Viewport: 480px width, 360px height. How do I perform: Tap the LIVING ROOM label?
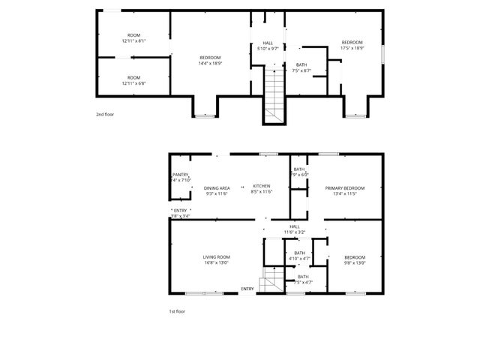[216, 257]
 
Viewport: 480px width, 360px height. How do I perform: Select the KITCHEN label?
[261, 186]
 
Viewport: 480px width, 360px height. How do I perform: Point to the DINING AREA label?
[217, 187]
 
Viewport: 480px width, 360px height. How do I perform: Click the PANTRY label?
[181, 175]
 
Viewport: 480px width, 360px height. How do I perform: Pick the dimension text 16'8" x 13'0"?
[216, 263]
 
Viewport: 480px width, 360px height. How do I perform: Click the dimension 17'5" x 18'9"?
[352, 48]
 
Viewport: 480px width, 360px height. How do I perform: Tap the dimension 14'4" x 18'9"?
[210, 64]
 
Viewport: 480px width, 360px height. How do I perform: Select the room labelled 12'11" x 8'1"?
[133, 41]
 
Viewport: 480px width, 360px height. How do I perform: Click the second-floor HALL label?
[268, 43]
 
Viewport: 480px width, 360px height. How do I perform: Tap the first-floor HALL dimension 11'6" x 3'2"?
[294, 232]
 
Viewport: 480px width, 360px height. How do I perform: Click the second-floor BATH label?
[301, 65]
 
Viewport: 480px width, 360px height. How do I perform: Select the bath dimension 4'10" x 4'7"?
[299, 259]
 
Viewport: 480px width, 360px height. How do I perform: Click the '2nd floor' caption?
[104, 114]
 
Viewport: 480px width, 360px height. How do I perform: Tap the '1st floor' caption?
[176, 310]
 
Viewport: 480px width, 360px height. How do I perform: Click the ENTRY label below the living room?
[247, 289]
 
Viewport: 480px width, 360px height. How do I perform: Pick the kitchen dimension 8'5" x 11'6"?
[261, 193]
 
